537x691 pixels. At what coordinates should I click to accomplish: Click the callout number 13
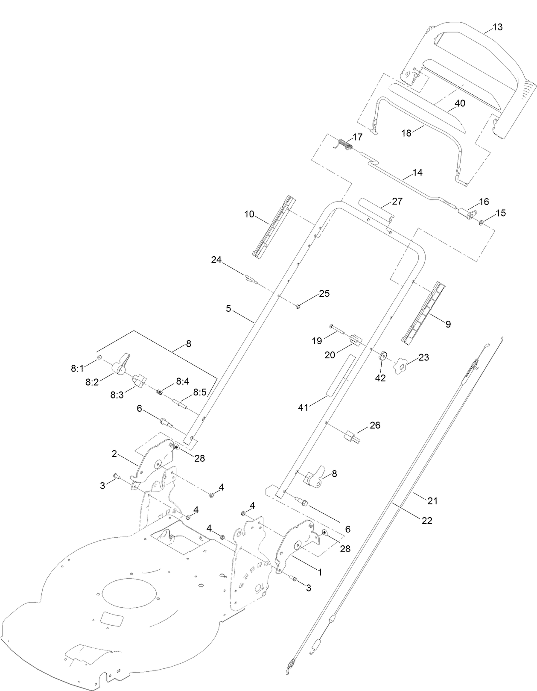(497, 27)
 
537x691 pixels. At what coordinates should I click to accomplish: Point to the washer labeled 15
(482, 222)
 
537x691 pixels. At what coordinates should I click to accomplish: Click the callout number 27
(397, 201)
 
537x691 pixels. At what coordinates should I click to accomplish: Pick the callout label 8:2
(92, 382)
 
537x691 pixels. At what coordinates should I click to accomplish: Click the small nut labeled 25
(298, 306)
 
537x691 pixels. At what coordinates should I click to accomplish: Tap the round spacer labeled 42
(382, 355)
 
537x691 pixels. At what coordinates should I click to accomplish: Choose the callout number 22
(427, 521)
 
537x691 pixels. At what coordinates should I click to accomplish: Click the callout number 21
(433, 500)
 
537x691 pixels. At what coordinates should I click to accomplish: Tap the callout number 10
(249, 214)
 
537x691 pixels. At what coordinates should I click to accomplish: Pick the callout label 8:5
(200, 392)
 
